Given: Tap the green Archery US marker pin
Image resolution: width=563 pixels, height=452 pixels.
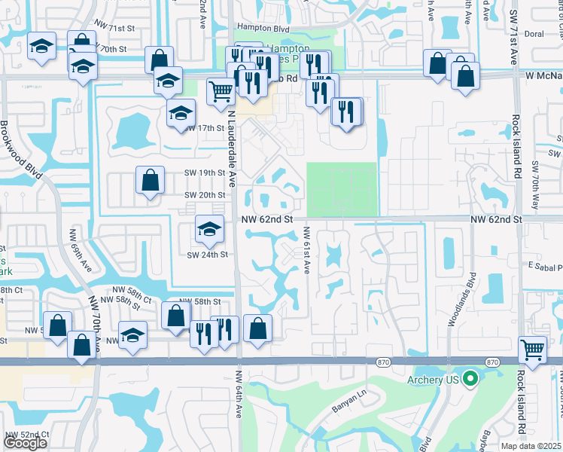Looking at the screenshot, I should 472,378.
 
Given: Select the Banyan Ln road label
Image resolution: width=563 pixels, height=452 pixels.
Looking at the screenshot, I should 348,411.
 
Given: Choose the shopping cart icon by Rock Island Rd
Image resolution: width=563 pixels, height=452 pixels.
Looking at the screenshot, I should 533,349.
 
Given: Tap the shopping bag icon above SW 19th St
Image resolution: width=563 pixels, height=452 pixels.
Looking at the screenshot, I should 150,179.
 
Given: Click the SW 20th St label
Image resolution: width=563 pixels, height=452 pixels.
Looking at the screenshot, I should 205,195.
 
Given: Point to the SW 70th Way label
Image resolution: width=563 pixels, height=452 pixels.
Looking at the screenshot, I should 534,185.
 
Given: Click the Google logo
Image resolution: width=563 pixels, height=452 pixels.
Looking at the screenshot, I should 26,442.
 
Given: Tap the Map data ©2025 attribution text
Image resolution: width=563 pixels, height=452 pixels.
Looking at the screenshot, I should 532,446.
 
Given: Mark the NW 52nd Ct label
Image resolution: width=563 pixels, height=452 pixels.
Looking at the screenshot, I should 27,435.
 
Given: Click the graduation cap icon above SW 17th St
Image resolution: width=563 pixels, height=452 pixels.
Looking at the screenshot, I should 180,115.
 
